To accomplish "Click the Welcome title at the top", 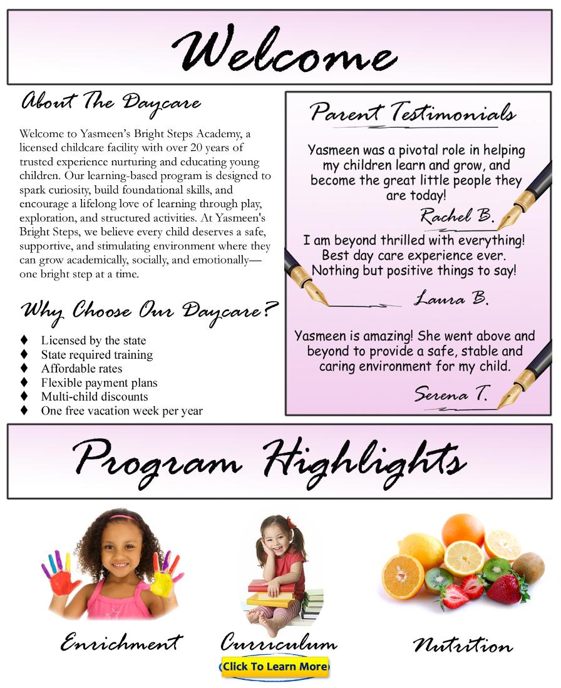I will (x=284, y=49).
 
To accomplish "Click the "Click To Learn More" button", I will (x=274, y=667).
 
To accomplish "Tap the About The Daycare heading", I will (x=111, y=102).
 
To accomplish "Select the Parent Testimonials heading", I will (x=413, y=113).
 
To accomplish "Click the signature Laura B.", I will (x=451, y=298).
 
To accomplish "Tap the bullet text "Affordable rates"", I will (x=81, y=369).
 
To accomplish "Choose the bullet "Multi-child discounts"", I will (x=95, y=396).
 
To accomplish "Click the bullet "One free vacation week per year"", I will (x=121, y=411).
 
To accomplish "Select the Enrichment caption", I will (x=121, y=642).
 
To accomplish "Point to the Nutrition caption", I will (x=463, y=645).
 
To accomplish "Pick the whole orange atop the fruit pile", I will (x=463, y=530).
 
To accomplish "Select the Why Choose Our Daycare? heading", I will (x=149, y=311).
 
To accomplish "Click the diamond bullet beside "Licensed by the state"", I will (x=24, y=340).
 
